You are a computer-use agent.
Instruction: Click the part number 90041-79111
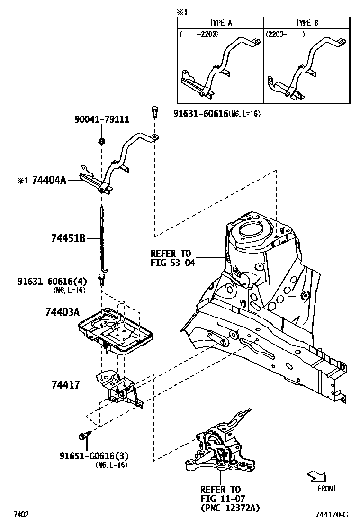[x=102, y=120]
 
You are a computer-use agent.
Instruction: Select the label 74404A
[x=49, y=180]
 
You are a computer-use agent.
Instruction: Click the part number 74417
[x=66, y=385]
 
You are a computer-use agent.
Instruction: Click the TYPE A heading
[x=221, y=23]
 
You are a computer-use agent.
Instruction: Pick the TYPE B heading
[x=307, y=23]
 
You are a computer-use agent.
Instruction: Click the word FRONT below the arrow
[x=326, y=489]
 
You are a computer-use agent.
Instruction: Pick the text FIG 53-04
[x=172, y=262]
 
